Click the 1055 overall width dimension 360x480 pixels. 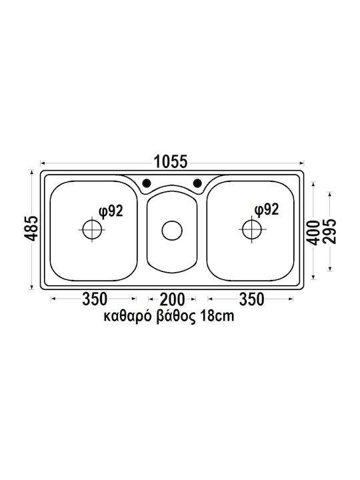coord(170,162)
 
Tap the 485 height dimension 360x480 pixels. coord(31,229)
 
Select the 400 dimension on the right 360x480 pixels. coord(313,233)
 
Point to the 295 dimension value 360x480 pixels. coord(330,231)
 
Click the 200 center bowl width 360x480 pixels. coord(173,299)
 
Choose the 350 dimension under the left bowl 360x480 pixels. coord(95,299)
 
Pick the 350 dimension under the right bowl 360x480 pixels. coord(251,299)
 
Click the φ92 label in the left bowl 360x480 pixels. coord(111,211)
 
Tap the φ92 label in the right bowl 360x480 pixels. coord(267,210)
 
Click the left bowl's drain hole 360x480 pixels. coord(92,229)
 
